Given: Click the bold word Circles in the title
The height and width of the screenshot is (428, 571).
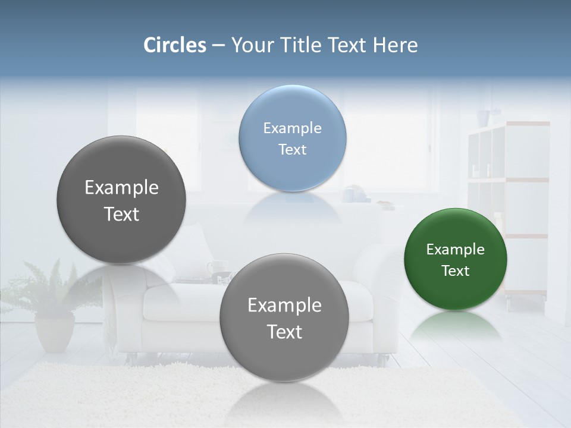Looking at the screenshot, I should pyautogui.click(x=175, y=45).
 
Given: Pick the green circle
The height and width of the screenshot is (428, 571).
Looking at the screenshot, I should pyautogui.click(x=456, y=260).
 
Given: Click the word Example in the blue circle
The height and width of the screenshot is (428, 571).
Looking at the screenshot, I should pyautogui.click(x=292, y=128).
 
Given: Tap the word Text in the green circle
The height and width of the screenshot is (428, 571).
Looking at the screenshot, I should pyautogui.click(x=456, y=271).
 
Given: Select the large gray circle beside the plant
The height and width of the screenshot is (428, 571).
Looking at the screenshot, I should pyautogui.click(x=121, y=200).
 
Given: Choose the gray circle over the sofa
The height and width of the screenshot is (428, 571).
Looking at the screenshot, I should pyautogui.click(x=284, y=317).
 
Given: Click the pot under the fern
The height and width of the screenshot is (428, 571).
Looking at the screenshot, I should pyautogui.click(x=54, y=333).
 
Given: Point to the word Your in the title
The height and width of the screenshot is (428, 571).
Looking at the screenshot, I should pyautogui.click(x=249, y=45).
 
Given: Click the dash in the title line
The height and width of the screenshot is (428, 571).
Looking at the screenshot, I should pyautogui.click(x=218, y=46).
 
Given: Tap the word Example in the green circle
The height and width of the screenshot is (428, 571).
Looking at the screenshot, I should pyautogui.click(x=456, y=250).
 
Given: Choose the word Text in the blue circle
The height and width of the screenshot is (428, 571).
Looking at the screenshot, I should pyautogui.click(x=292, y=150).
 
